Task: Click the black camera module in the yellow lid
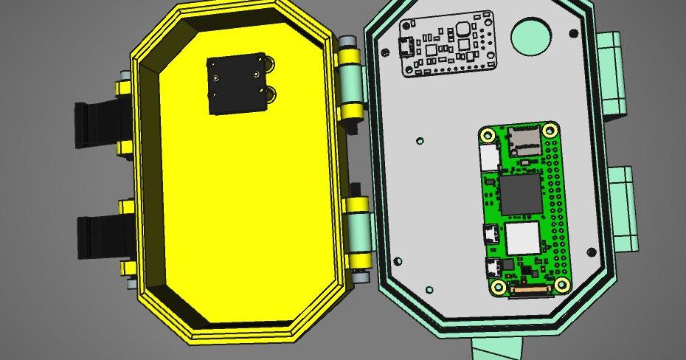click(235, 84)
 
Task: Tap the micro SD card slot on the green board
click(523, 139)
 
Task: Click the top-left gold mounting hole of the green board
click(488, 135)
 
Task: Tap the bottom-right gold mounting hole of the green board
click(562, 285)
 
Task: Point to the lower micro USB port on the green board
click(490, 267)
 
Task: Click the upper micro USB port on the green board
click(488, 234)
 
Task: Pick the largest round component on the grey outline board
click(465, 29)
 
